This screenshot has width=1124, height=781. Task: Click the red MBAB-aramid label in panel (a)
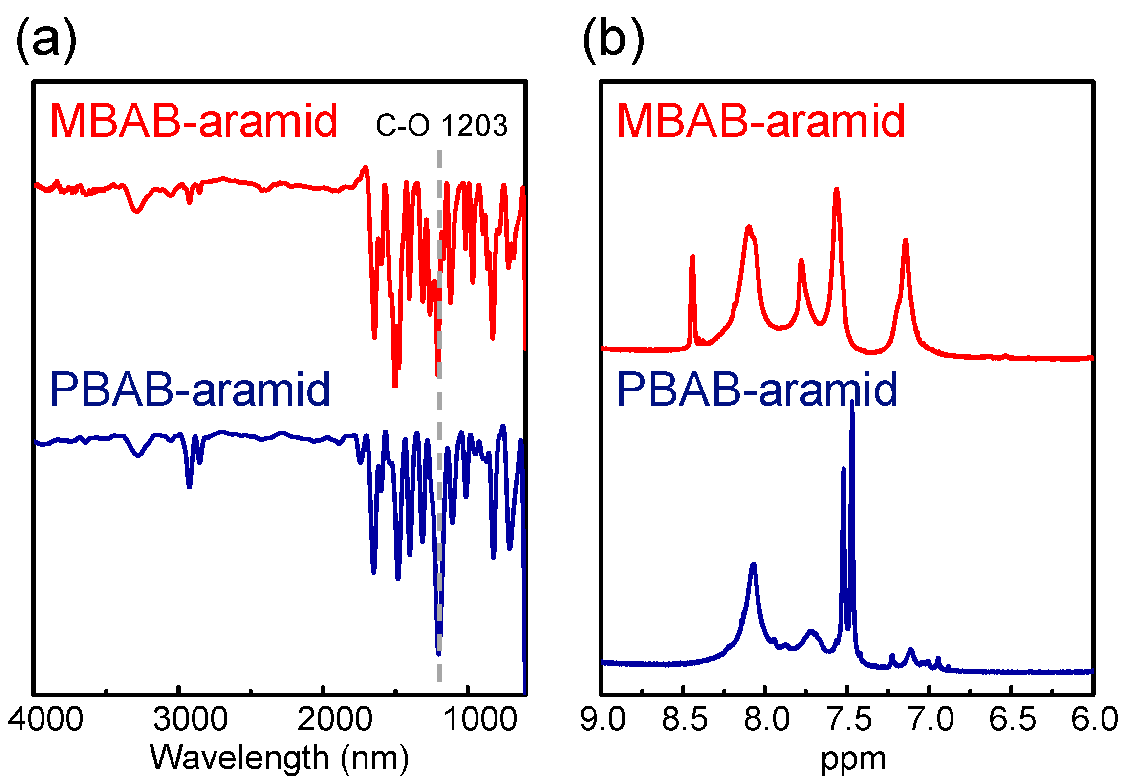[194, 121]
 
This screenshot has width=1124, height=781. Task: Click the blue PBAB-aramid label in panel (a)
[190, 390]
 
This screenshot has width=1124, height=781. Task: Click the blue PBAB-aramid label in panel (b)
[757, 390]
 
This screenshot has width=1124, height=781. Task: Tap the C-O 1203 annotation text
[441, 126]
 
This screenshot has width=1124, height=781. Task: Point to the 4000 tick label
[45, 719]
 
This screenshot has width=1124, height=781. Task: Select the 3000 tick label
[190, 719]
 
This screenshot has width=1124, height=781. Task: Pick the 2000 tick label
[335, 719]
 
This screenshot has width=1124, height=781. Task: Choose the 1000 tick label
[479, 719]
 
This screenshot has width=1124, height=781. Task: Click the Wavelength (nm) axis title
[279, 758]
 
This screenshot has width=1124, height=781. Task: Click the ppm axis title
[853, 759]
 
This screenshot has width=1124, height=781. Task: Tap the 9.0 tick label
[603, 719]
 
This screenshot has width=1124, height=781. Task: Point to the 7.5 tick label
[848, 719]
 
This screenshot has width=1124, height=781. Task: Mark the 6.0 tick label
[1094, 719]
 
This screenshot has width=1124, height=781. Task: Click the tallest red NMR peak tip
[836, 190]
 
